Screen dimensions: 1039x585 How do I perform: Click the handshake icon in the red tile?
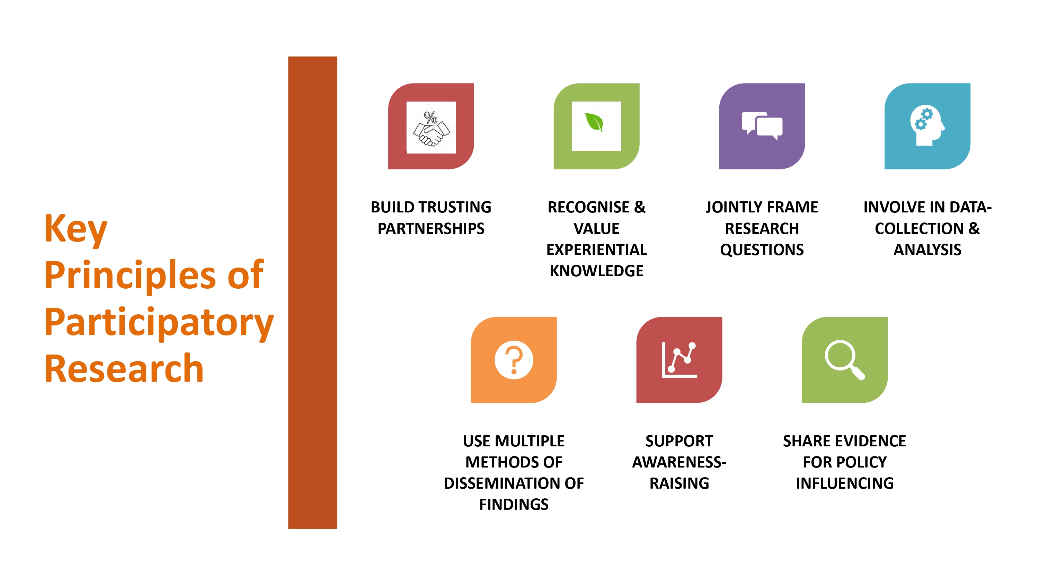(x=431, y=128)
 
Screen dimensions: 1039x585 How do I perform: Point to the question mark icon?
(x=514, y=360)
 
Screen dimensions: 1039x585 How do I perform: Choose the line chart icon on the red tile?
(x=679, y=360)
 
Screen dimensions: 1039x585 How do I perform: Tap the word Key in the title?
(x=76, y=229)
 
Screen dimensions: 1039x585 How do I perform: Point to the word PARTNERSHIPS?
(x=431, y=228)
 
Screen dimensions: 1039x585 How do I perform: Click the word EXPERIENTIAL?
(x=596, y=250)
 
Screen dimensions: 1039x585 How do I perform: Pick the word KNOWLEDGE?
(x=596, y=271)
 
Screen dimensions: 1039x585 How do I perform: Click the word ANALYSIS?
(x=927, y=250)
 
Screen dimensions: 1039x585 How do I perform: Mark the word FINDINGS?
(x=514, y=504)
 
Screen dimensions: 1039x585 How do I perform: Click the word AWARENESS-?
(x=679, y=462)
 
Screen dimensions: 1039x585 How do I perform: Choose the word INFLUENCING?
(x=845, y=483)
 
